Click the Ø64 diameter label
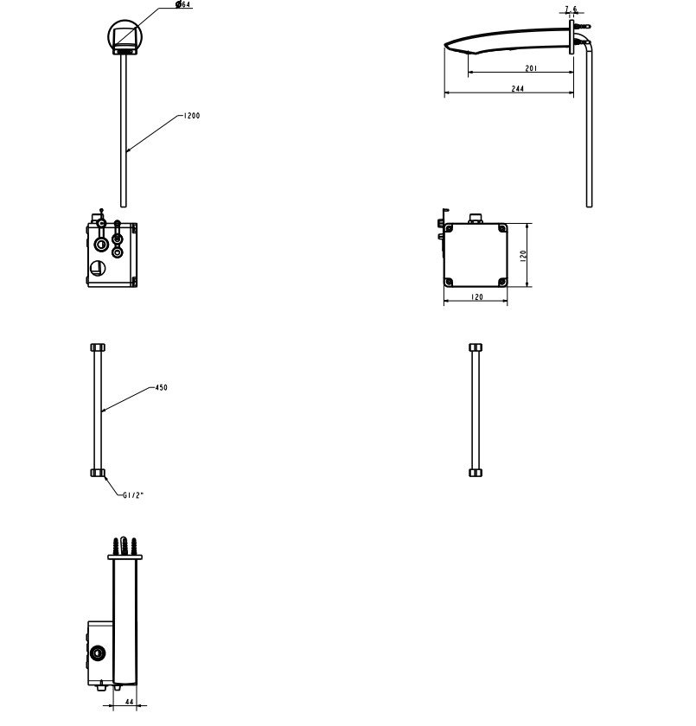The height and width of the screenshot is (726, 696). (x=183, y=4)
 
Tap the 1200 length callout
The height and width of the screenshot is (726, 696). (x=192, y=116)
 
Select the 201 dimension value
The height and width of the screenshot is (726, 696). (x=531, y=68)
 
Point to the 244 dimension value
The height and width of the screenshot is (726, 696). (x=518, y=88)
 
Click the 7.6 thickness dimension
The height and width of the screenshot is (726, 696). (x=571, y=9)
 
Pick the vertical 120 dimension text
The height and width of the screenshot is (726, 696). (x=523, y=256)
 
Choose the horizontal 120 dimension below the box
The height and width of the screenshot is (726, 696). (x=477, y=296)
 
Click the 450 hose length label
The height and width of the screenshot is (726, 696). (x=161, y=387)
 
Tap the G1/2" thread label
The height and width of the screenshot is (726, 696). (x=133, y=495)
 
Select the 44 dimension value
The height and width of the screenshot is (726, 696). (x=129, y=702)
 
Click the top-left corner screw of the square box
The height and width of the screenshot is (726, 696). (x=448, y=228)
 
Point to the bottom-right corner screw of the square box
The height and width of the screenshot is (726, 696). (x=502, y=282)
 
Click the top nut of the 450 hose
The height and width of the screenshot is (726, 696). (x=98, y=347)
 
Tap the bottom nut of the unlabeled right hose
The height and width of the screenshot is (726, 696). (x=476, y=473)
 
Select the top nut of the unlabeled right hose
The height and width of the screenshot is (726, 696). (x=476, y=347)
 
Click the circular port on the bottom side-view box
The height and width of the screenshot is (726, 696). (x=98, y=653)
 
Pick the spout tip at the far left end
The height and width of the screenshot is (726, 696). (x=446, y=45)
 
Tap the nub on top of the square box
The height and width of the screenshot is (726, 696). (x=476, y=219)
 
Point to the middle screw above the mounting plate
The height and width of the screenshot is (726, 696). (x=125, y=545)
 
